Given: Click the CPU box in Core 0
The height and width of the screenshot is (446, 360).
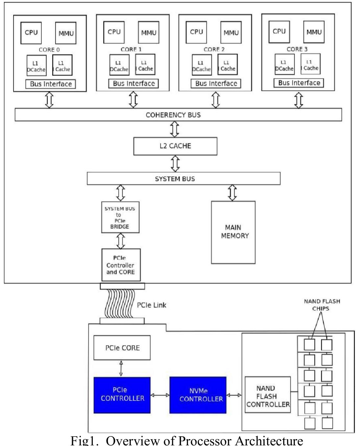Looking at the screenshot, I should tap(31, 33).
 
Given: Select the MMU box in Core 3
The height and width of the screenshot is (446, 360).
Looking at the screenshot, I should tap(314, 32).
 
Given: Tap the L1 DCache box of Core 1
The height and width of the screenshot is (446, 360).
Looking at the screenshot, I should tap(119, 65).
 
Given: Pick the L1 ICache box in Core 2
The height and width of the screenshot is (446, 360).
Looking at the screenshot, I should tap(228, 65).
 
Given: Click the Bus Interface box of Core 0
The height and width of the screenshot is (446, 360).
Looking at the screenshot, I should tap(51, 84).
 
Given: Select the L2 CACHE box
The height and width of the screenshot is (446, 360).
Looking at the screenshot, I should tap(175, 146).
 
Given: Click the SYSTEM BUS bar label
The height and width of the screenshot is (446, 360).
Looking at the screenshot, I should tap(175, 179).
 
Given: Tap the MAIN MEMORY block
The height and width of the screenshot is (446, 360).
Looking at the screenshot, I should tap(233, 232).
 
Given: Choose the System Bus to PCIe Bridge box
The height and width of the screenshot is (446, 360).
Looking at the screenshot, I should tap(120, 217).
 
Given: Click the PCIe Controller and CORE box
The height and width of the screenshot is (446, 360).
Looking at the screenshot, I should tap(121, 265).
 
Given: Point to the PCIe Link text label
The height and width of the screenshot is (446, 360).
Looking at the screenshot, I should tap(152, 305).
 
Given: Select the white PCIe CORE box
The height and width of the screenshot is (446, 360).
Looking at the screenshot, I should tap(122, 348).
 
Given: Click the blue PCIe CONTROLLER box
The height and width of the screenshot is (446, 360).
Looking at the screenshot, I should tap(122, 395).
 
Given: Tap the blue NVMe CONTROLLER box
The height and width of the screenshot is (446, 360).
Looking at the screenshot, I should tap(198, 395).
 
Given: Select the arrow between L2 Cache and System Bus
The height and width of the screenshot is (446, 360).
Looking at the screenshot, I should tap(176, 163).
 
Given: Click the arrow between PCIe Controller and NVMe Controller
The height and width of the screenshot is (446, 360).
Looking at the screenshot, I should tap(160, 395).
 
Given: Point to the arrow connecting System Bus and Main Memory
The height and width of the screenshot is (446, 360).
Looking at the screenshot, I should tap(232, 193).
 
